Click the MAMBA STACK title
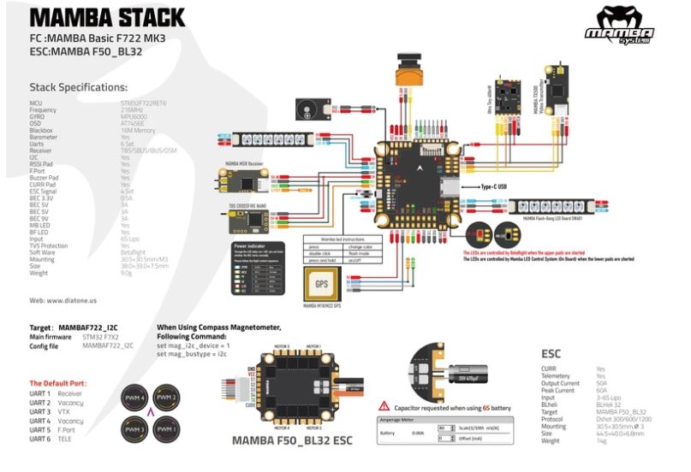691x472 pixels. tap(106, 17)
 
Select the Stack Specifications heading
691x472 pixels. tap(78, 86)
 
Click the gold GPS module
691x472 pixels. tap(321, 284)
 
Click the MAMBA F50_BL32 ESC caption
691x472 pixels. tap(292, 441)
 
